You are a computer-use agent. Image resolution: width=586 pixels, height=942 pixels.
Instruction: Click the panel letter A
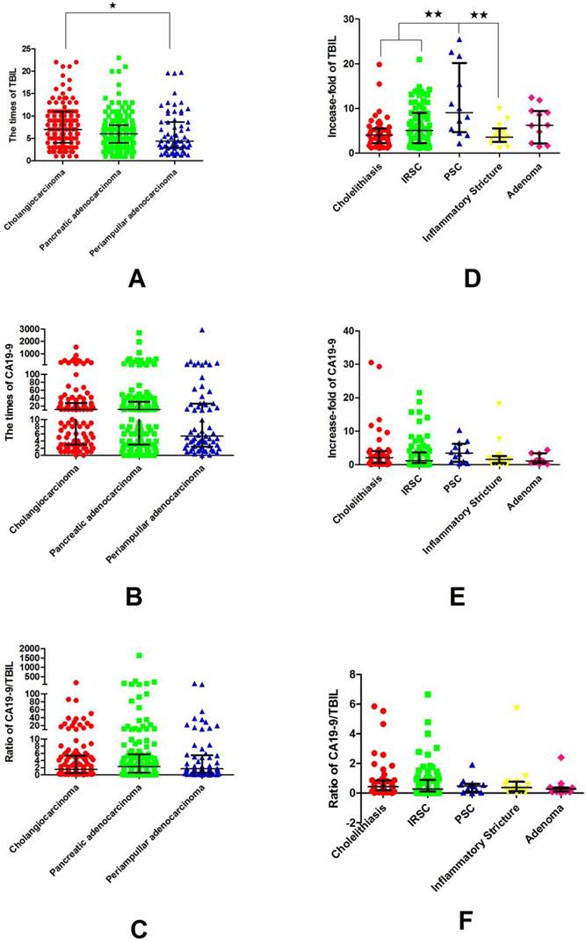coord(136,279)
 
